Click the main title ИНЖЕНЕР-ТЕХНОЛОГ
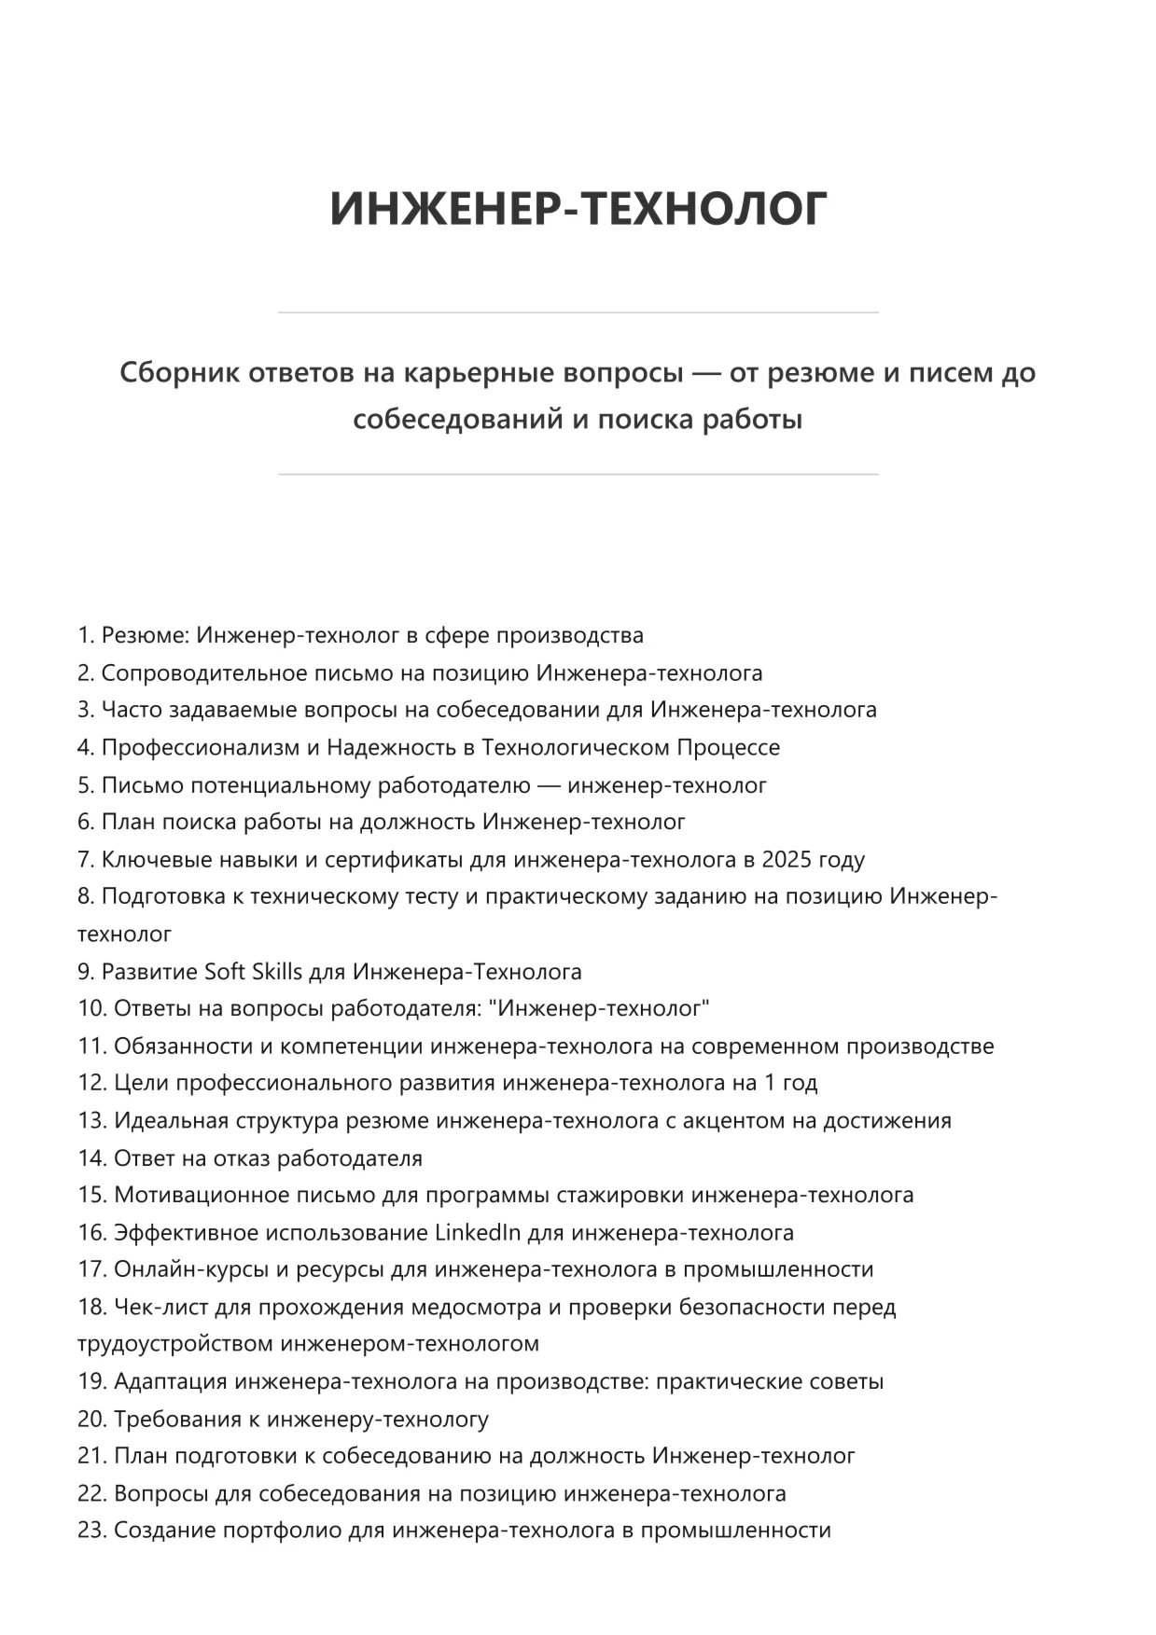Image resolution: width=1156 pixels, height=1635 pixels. click(x=578, y=208)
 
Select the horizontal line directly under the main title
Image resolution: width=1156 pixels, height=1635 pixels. click(x=578, y=312)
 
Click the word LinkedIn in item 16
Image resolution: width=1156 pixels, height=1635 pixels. click(x=478, y=1233)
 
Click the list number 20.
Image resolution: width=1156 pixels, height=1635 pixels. click(x=91, y=1420)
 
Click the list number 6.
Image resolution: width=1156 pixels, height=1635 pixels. click(x=85, y=823)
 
